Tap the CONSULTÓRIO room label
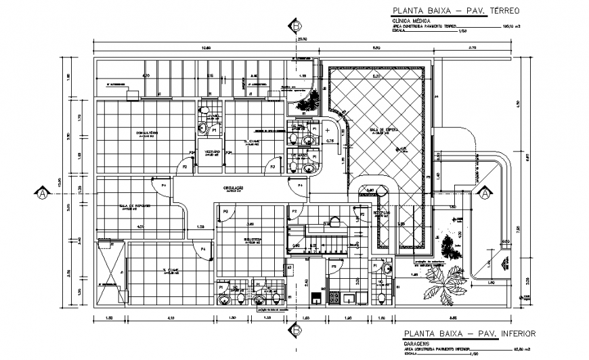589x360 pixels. tap(147, 132)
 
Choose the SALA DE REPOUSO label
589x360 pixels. tap(134, 206)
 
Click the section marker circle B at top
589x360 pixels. tap(296, 26)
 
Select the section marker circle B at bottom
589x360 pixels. tap(296, 330)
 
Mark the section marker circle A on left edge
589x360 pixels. tap(43, 194)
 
